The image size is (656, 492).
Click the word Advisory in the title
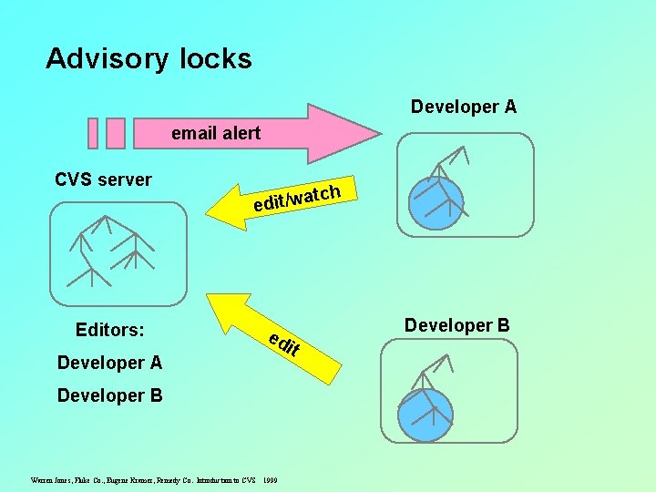[x=107, y=59]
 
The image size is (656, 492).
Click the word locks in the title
[x=215, y=58]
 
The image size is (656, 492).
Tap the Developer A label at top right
[x=463, y=107]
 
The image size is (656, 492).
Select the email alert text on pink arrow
[x=216, y=133]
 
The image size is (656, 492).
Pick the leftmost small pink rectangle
[x=92, y=133]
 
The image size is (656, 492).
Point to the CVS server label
[x=103, y=179]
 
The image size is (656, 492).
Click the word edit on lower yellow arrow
[x=285, y=344]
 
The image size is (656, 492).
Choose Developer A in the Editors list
[x=109, y=363]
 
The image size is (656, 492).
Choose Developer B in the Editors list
[x=109, y=395]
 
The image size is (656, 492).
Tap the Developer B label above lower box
[x=456, y=325]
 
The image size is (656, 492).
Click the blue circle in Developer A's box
[x=436, y=203]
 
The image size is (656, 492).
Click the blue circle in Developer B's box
[x=425, y=415]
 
